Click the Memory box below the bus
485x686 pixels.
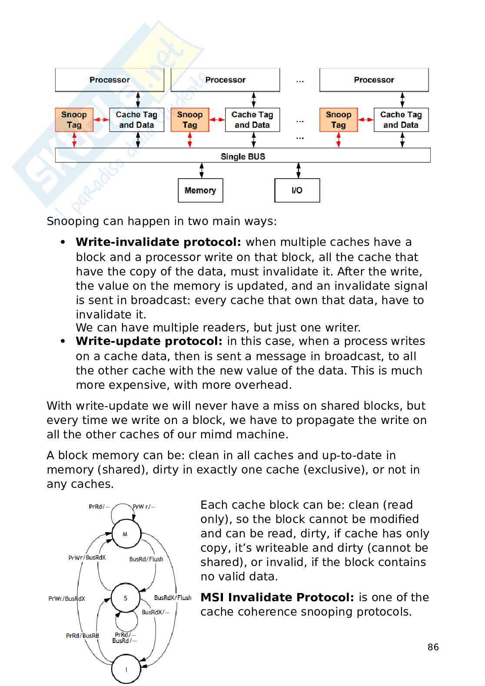pos(200,190)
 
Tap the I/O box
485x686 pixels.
pos(297,190)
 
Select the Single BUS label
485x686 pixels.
pos(242,156)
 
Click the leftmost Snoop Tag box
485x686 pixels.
pos(74,120)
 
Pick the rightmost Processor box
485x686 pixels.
pos(374,80)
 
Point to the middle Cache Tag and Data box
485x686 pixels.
pos(252,120)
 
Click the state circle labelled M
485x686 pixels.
pos(126,534)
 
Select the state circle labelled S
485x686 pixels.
pos(126,598)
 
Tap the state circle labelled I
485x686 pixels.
pos(126,669)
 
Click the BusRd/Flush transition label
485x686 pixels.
pos(146,559)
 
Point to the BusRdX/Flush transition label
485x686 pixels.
pos(173,598)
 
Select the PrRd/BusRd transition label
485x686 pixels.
pos(82,636)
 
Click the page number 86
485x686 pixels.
pos(433,647)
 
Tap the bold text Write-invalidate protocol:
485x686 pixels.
pos(158,242)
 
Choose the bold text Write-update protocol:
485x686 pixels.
pos(149,341)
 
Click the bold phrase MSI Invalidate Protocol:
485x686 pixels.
pos(277,597)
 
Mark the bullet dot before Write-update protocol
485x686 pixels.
pos(63,341)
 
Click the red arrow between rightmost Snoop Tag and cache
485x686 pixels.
pos(365,119)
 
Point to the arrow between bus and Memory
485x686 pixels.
pos(202,170)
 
